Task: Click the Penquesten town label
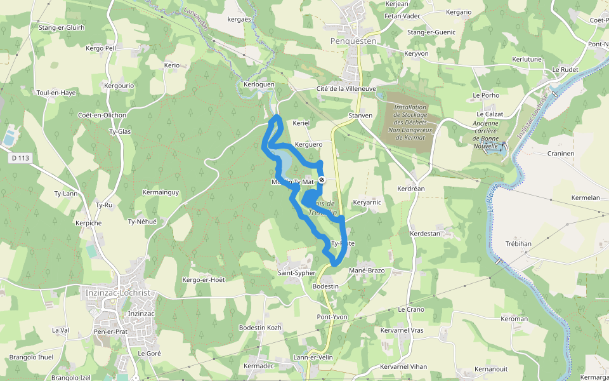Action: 353,41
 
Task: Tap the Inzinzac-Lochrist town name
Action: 116,293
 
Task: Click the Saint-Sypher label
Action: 296,273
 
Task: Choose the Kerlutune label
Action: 527,59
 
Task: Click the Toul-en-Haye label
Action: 56,93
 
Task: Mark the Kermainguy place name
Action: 161,192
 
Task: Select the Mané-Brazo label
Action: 367,271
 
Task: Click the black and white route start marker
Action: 322,180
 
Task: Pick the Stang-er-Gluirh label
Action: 62,28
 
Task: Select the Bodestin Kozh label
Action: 260,327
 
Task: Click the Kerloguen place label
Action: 259,84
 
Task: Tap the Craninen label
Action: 560,153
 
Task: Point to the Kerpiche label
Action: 88,224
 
